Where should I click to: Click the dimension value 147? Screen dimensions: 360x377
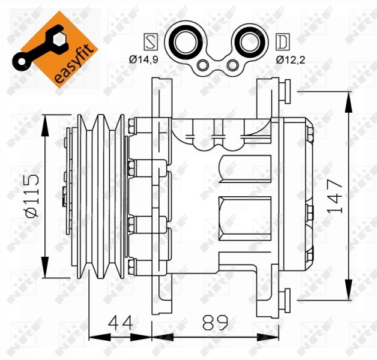coord(336,196)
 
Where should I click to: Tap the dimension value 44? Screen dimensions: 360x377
coord(121,323)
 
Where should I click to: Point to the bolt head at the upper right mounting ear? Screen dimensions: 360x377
coord(285,91)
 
